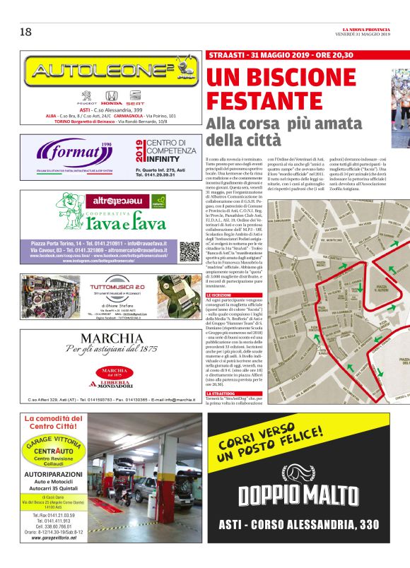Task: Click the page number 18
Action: click(25, 31)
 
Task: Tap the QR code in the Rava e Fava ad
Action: click(189, 251)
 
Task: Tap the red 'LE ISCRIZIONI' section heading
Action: click(221, 295)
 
